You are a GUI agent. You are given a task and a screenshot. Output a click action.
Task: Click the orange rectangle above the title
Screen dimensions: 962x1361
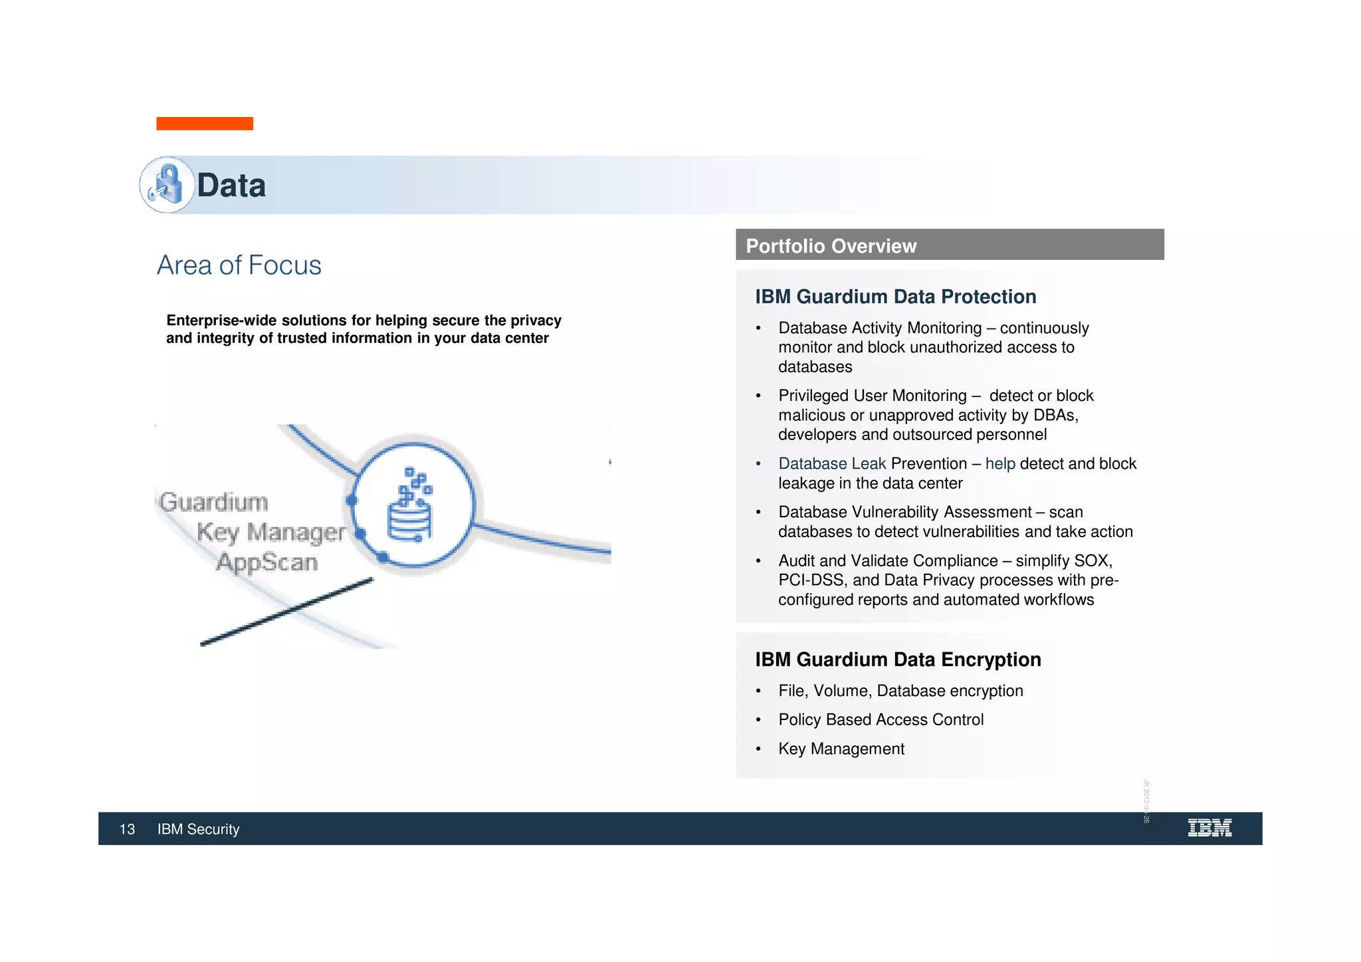coord(205,124)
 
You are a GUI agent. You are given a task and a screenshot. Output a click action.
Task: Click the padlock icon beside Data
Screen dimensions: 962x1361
coord(167,185)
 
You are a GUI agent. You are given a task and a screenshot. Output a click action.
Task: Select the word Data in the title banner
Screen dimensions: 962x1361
coord(231,185)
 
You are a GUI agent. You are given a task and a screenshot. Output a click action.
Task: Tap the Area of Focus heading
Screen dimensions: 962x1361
coord(239,265)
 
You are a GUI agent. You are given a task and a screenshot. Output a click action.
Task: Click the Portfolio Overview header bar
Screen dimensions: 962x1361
coord(949,245)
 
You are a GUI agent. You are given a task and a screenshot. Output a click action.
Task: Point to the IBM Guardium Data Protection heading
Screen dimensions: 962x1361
coord(895,297)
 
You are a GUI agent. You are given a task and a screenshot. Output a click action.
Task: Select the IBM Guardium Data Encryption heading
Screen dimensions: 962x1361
coord(898,660)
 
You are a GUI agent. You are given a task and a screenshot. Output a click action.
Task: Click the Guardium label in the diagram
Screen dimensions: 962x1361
coord(213,502)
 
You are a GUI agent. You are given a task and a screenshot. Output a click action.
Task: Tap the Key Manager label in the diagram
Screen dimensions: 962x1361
coord(271,532)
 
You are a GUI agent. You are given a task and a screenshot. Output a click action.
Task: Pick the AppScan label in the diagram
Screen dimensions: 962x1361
coord(267,562)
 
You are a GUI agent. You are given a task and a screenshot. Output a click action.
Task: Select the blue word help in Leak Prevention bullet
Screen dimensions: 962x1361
coord(1000,463)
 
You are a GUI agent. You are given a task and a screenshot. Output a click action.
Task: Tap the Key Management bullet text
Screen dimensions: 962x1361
coord(841,749)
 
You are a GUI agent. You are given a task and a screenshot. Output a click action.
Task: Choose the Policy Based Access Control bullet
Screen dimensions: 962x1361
coord(881,719)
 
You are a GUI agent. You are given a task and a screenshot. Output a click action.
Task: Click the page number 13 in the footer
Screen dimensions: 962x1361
coord(127,829)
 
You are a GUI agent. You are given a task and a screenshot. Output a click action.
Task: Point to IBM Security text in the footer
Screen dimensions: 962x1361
coord(198,829)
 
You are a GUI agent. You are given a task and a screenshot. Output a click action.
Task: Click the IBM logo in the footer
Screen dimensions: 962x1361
coord(1209,828)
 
